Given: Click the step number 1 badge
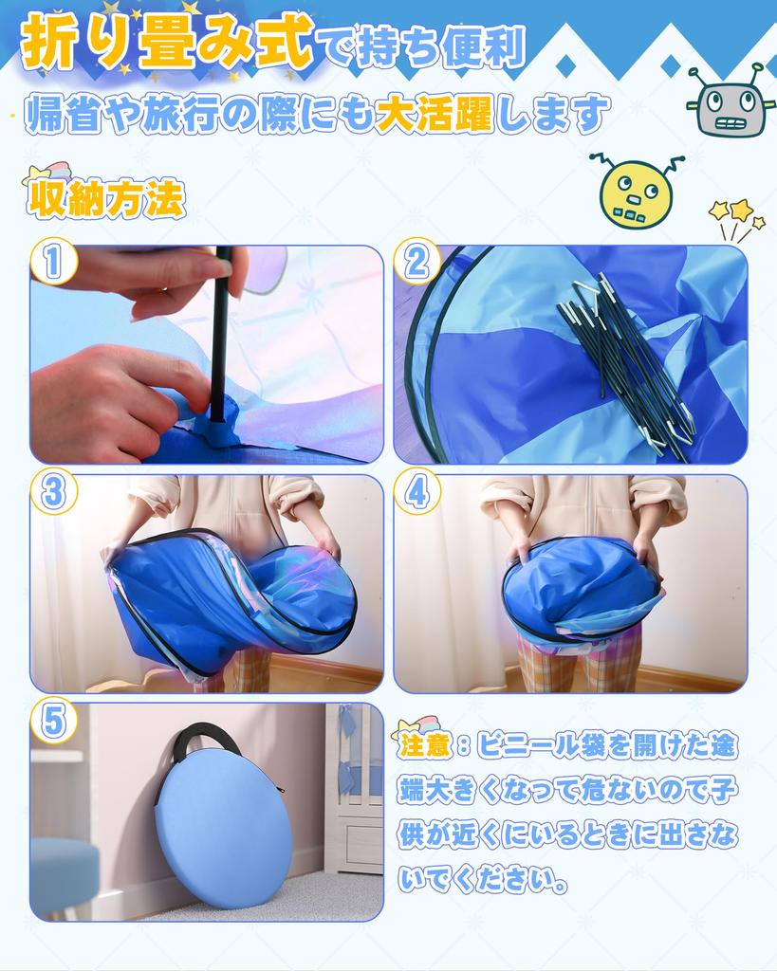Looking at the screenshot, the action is tap(53, 262).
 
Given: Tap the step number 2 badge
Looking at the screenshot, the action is tap(417, 262).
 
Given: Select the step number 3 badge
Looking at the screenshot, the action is tap(53, 492).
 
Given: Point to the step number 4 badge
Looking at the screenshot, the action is tap(417, 492).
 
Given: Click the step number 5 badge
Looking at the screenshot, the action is tap(53, 721).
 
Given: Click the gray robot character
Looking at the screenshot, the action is tap(731, 101).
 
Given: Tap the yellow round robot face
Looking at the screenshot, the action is tap(636, 191).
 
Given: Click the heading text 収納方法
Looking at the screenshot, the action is tap(106, 199).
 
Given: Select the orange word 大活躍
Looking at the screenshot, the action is tap(435, 114).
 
